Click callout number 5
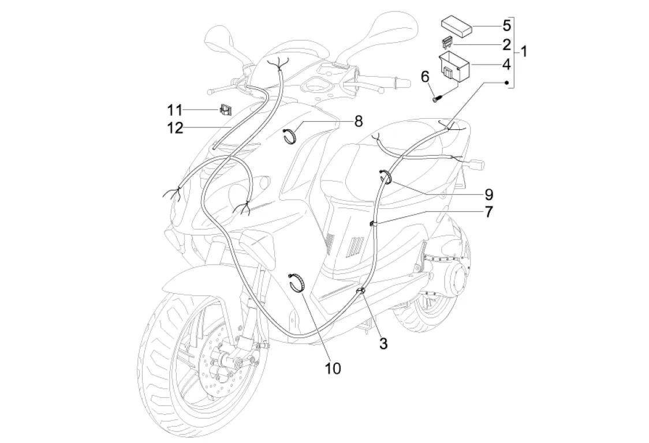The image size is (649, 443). coord(506,25)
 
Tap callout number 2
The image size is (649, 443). coord(506,44)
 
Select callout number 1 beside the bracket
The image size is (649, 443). coord(524,52)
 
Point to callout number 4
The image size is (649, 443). coord(506,65)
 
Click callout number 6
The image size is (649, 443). coord(425,77)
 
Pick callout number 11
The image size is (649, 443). coord(175,110)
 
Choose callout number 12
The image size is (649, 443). coord(175,128)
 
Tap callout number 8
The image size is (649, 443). coord(359,121)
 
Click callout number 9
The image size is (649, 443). coord(489,194)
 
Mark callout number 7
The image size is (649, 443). coord(489,212)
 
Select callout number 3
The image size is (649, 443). coord(383,343)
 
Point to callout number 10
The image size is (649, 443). coord(333,368)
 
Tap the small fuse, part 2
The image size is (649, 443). coord(447,42)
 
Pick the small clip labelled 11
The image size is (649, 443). coord(226,110)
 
